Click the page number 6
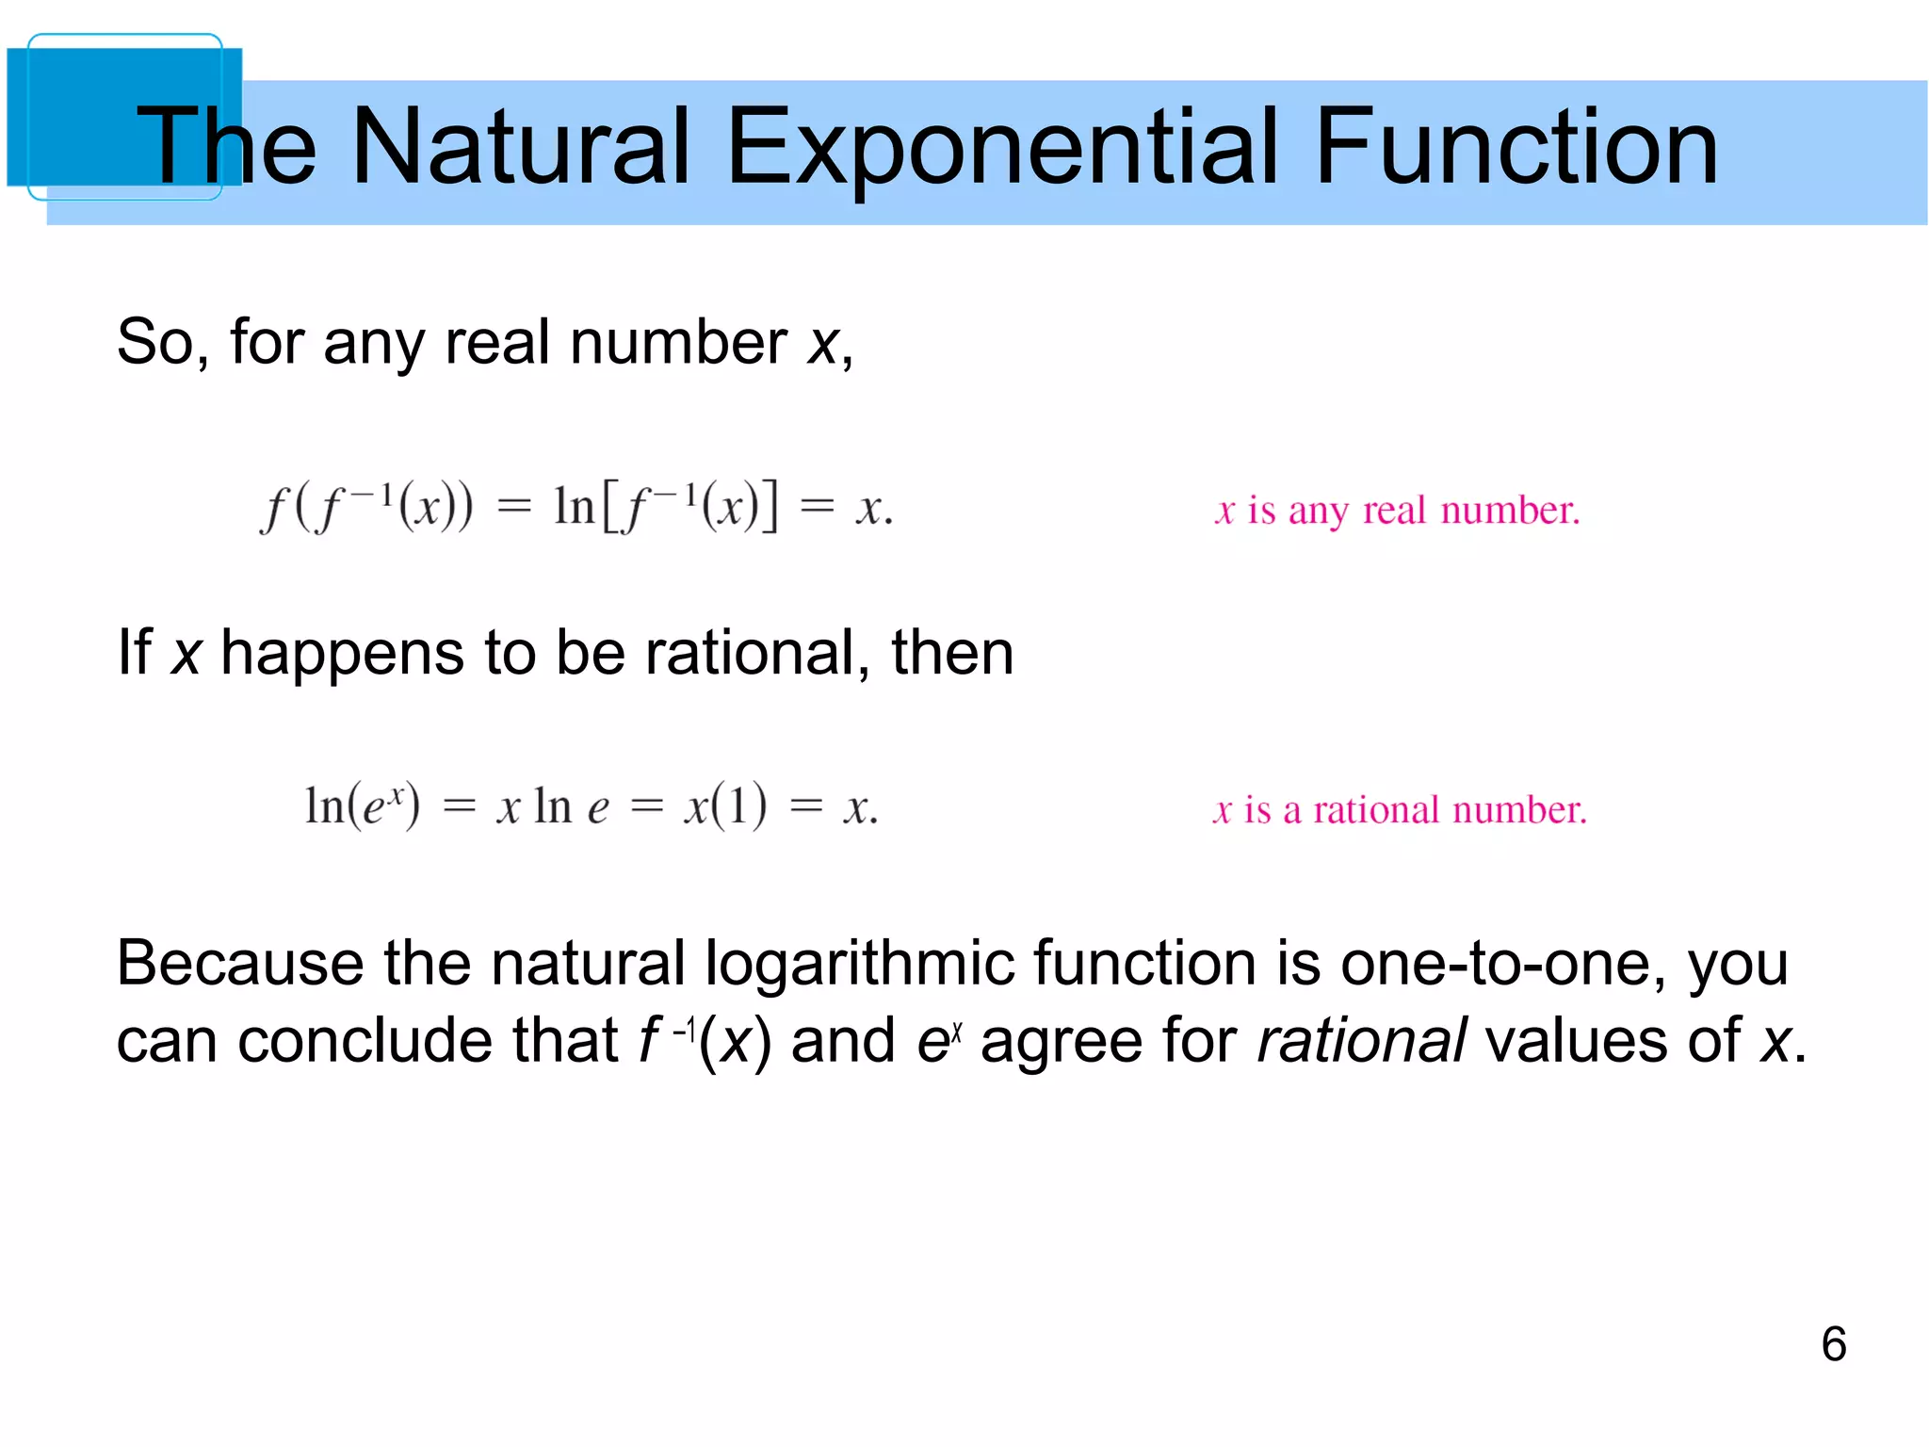click(1833, 1343)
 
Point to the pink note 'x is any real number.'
click(1397, 511)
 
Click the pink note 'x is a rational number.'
click(1399, 810)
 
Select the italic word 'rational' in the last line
click(1361, 1040)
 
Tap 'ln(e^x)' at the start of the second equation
click(362, 806)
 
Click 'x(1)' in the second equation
click(724, 806)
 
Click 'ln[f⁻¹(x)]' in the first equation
click(666, 507)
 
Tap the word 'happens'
click(342, 654)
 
